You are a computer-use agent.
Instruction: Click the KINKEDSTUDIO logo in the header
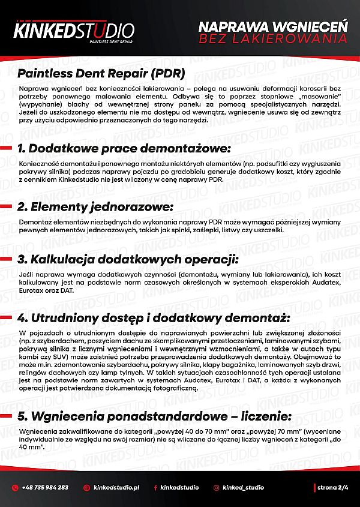click(74, 29)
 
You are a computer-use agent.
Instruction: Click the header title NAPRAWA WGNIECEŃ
click(273, 27)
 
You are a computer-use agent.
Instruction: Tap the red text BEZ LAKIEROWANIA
click(273, 39)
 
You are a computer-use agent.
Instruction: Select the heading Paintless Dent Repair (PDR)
click(101, 74)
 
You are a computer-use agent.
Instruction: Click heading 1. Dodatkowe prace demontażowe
click(124, 148)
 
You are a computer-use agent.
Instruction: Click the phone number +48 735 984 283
click(45, 487)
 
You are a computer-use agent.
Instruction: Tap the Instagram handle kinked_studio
click(243, 487)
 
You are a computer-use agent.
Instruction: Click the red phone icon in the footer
click(15, 487)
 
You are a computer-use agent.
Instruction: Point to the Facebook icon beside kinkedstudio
click(156, 487)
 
